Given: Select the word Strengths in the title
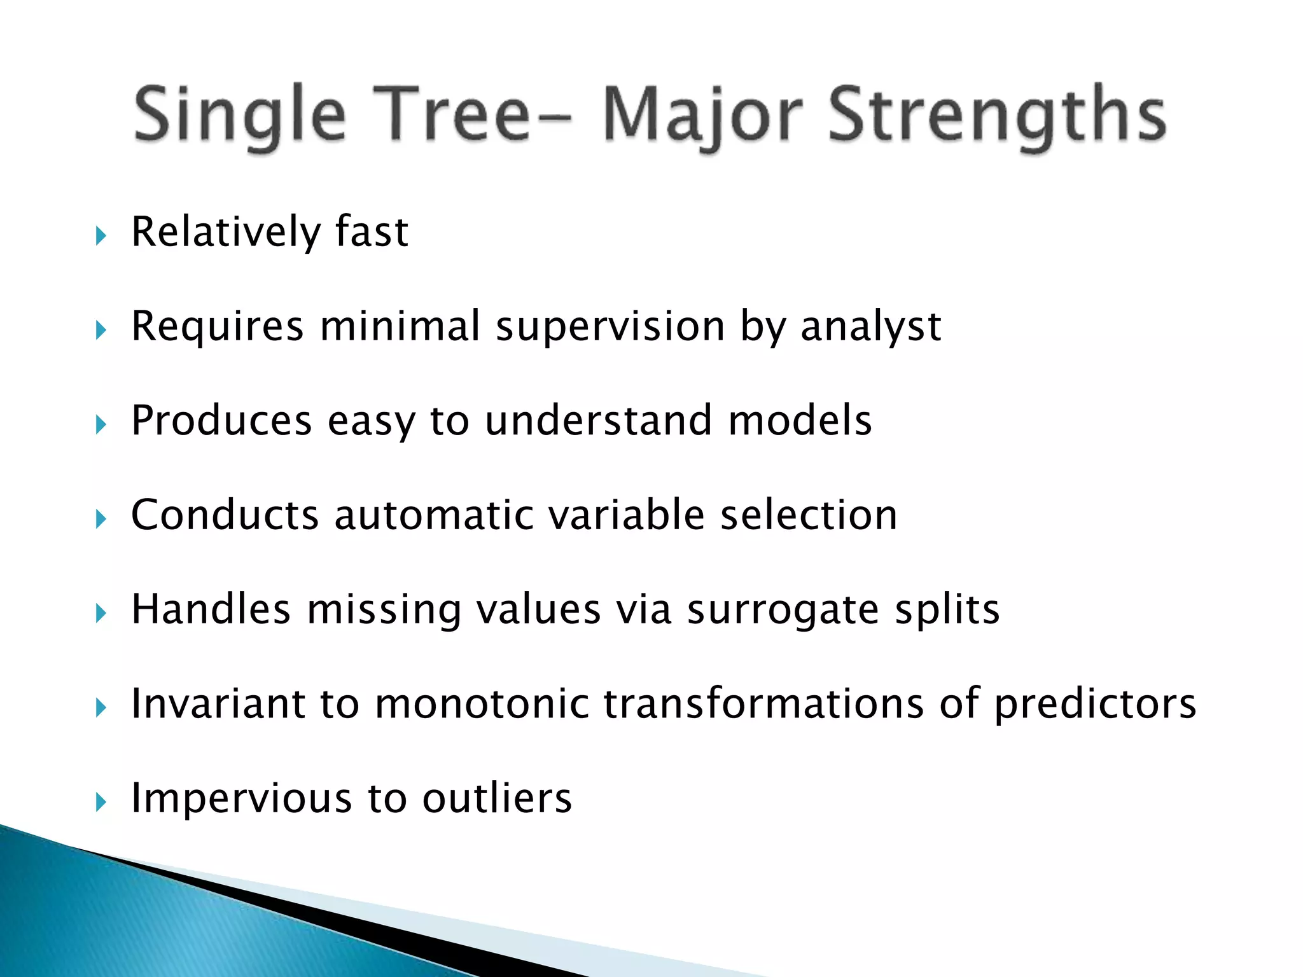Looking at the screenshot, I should tap(997, 116).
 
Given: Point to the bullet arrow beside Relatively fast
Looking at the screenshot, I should tap(101, 236).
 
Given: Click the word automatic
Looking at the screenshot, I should tap(434, 515).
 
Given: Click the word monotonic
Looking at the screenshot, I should tap(482, 703).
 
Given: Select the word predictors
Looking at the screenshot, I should tap(1094, 705).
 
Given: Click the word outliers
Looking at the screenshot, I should tap(497, 798).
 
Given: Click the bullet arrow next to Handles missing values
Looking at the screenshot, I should tap(101, 613).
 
